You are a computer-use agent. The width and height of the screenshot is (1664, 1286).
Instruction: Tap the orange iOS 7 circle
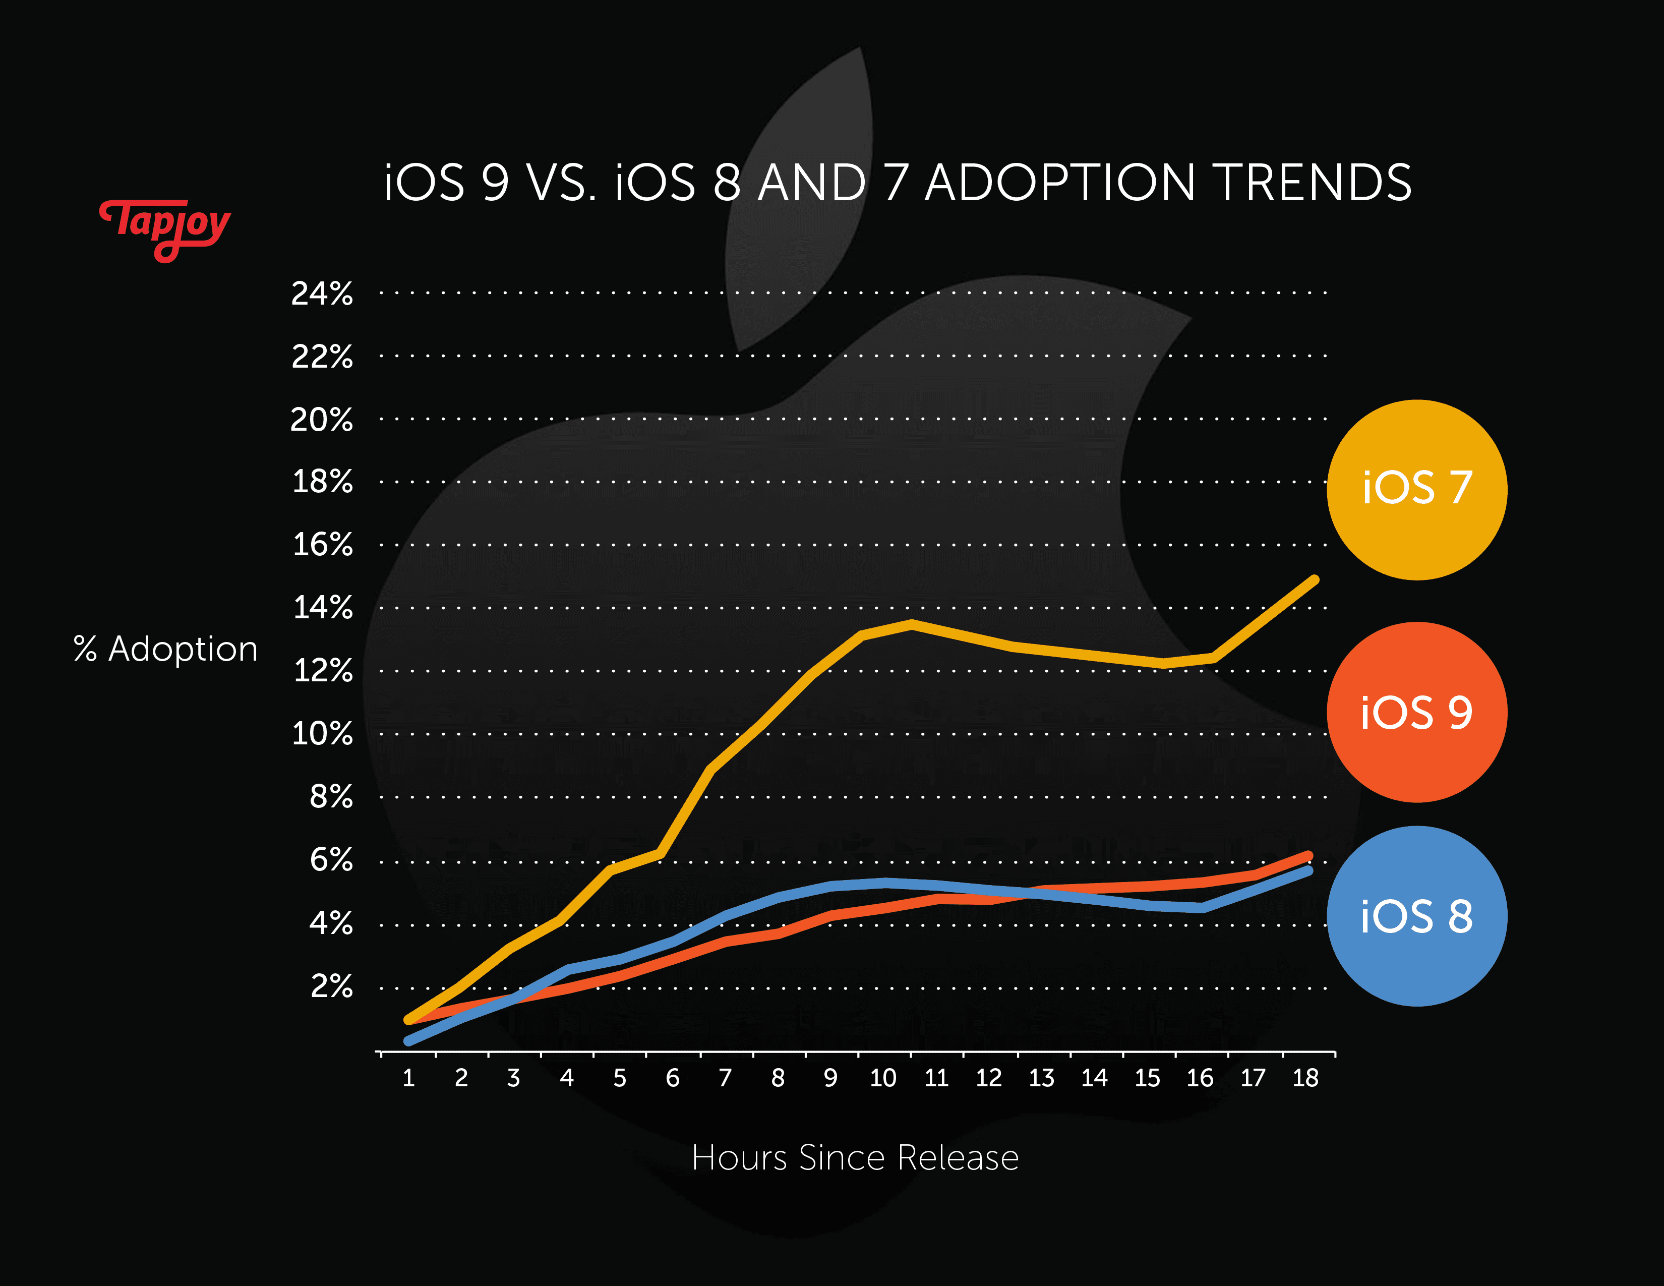click(x=1416, y=489)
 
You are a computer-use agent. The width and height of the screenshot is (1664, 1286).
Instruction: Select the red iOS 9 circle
click(x=1416, y=712)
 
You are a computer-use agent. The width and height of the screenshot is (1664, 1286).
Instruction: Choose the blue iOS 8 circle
click(x=1416, y=916)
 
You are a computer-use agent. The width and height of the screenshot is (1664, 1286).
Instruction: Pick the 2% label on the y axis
click(x=331, y=986)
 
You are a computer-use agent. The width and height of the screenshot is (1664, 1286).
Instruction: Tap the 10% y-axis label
click(x=322, y=734)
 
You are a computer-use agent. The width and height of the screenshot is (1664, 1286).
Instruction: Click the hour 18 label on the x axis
click(x=1305, y=1078)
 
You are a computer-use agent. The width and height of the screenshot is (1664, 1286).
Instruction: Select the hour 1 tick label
click(x=408, y=1078)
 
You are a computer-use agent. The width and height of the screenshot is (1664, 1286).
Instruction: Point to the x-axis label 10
click(x=883, y=1078)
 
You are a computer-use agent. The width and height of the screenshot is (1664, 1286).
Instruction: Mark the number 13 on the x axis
click(x=1042, y=1078)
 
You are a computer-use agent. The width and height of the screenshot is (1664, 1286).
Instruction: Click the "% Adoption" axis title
click(x=165, y=649)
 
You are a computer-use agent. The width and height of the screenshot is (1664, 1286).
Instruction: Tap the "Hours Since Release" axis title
click(x=855, y=1158)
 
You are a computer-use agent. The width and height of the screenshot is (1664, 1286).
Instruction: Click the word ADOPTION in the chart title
click(x=1060, y=183)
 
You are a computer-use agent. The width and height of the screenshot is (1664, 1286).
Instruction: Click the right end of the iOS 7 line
click(x=1314, y=580)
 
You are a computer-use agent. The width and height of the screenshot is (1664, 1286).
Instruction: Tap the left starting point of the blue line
click(x=409, y=1041)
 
